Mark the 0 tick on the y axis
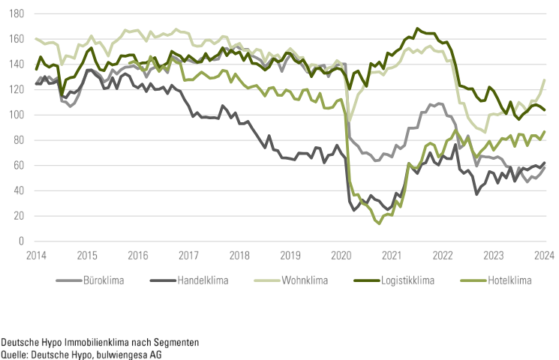point(23,241)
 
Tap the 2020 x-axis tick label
point(341,255)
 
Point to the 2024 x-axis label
point(544,255)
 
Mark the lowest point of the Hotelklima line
point(379,223)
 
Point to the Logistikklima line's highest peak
point(417,28)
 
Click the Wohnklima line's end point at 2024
point(544,79)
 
